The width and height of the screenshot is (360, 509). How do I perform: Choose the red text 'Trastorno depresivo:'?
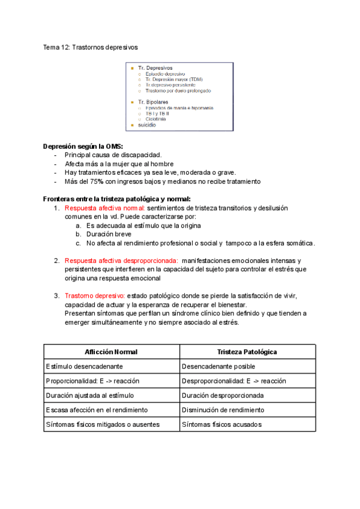(94, 296)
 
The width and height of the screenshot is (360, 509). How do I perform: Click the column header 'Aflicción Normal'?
(111, 352)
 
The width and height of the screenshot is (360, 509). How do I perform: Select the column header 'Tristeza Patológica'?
(247, 352)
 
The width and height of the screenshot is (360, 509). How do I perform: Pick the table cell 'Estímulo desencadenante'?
(85, 366)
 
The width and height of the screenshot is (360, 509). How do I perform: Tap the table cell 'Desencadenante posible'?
(218, 366)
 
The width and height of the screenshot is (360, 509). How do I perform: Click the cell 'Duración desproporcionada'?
(222, 396)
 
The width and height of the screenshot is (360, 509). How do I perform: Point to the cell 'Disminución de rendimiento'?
(223, 410)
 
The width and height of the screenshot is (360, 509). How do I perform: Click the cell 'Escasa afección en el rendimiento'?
(96, 410)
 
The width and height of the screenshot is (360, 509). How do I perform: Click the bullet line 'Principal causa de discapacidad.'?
(104, 155)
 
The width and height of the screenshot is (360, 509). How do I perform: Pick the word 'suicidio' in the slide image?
(147, 125)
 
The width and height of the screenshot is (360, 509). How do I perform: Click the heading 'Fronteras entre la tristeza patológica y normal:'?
(116, 199)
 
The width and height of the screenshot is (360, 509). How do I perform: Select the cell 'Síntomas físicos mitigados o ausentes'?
(103, 424)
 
